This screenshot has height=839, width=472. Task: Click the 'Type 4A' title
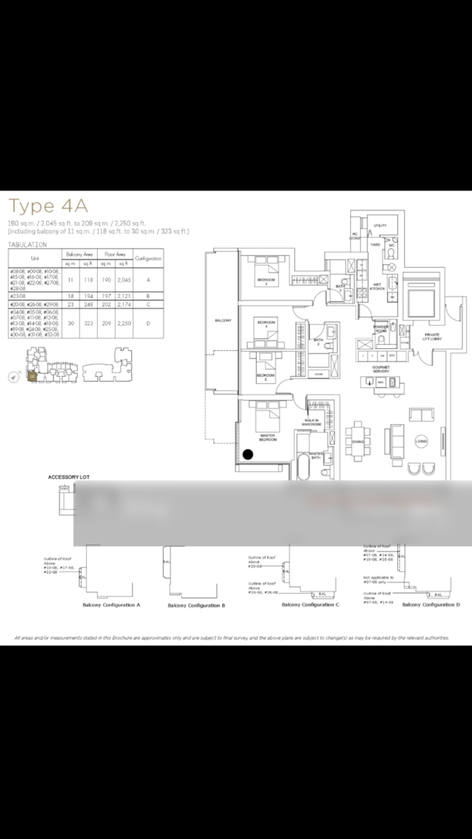tap(48, 206)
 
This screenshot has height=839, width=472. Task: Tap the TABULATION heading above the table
tap(27, 244)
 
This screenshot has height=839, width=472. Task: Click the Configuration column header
tap(149, 258)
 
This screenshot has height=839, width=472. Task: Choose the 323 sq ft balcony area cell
tap(88, 323)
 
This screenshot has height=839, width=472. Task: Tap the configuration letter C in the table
tap(149, 304)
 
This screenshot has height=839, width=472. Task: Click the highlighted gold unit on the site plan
tap(32, 375)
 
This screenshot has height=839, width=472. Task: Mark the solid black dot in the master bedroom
tap(248, 454)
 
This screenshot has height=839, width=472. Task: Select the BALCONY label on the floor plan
tap(222, 320)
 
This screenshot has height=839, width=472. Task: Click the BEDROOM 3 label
tap(266, 281)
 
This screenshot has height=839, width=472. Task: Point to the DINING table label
tap(358, 441)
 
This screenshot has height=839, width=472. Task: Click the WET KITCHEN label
tap(377, 286)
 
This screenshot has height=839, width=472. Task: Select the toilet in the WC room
tap(390, 254)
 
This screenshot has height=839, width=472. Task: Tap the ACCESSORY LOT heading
tap(69, 477)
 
